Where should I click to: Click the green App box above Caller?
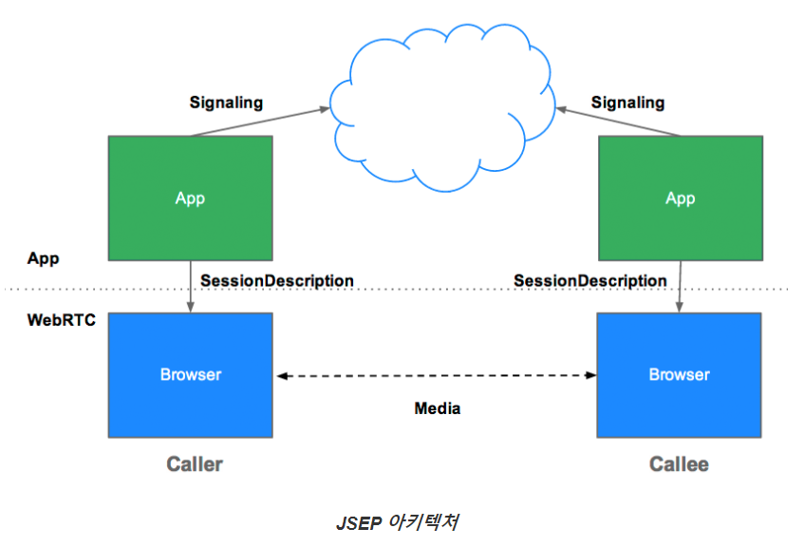pyautogui.click(x=190, y=198)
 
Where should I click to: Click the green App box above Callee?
pyautogui.click(x=680, y=198)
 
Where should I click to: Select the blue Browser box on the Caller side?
pyautogui.click(x=190, y=374)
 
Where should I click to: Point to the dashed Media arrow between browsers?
pyautogui.click(x=437, y=376)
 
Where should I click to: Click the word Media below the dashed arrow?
pyautogui.click(x=438, y=408)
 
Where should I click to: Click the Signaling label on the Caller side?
pyautogui.click(x=226, y=102)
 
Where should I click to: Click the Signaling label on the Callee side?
pyautogui.click(x=627, y=102)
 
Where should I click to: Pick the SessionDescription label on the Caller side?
pyautogui.click(x=277, y=281)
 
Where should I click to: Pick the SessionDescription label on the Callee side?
pyautogui.click(x=589, y=281)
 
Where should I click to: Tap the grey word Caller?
pyautogui.click(x=194, y=464)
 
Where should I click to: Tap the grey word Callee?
pyautogui.click(x=679, y=464)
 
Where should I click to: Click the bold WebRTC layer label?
pyautogui.click(x=62, y=320)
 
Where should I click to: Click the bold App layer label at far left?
pyautogui.click(x=44, y=257)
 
